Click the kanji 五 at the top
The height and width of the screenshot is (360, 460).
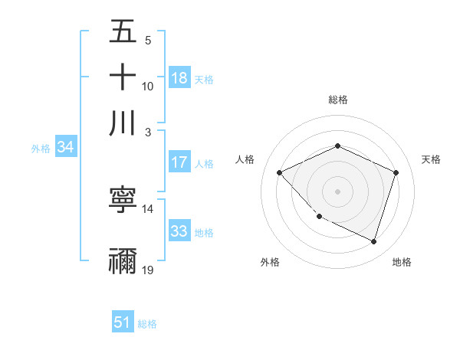click(x=123, y=33)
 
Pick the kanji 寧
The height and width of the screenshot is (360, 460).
click(x=123, y=201)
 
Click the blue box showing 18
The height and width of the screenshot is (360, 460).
click(x=179, y=78)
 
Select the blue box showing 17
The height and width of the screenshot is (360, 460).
click(x=179, y=162)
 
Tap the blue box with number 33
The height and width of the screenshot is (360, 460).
click(x=179, y=231)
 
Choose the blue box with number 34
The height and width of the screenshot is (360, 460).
click(x=65, y=147)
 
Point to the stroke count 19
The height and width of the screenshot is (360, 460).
click(x=148, y=270)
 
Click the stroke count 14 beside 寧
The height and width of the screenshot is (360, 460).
click(x=148, y=208)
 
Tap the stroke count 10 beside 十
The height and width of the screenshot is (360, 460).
click(x=148, y=86)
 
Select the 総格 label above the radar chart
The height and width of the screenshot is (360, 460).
click(x=337, y=100)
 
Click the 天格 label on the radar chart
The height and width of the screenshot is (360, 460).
click(x=431, y=159)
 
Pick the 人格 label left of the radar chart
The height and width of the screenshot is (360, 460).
click(x=245, y=159)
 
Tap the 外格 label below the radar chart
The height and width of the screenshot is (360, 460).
click(x=270, y=262)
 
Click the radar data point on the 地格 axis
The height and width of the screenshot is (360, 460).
click(x=373, y=241)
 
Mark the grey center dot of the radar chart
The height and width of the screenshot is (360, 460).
click(x=337, y=191)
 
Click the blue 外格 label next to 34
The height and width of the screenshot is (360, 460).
click(x=41, y=149)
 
